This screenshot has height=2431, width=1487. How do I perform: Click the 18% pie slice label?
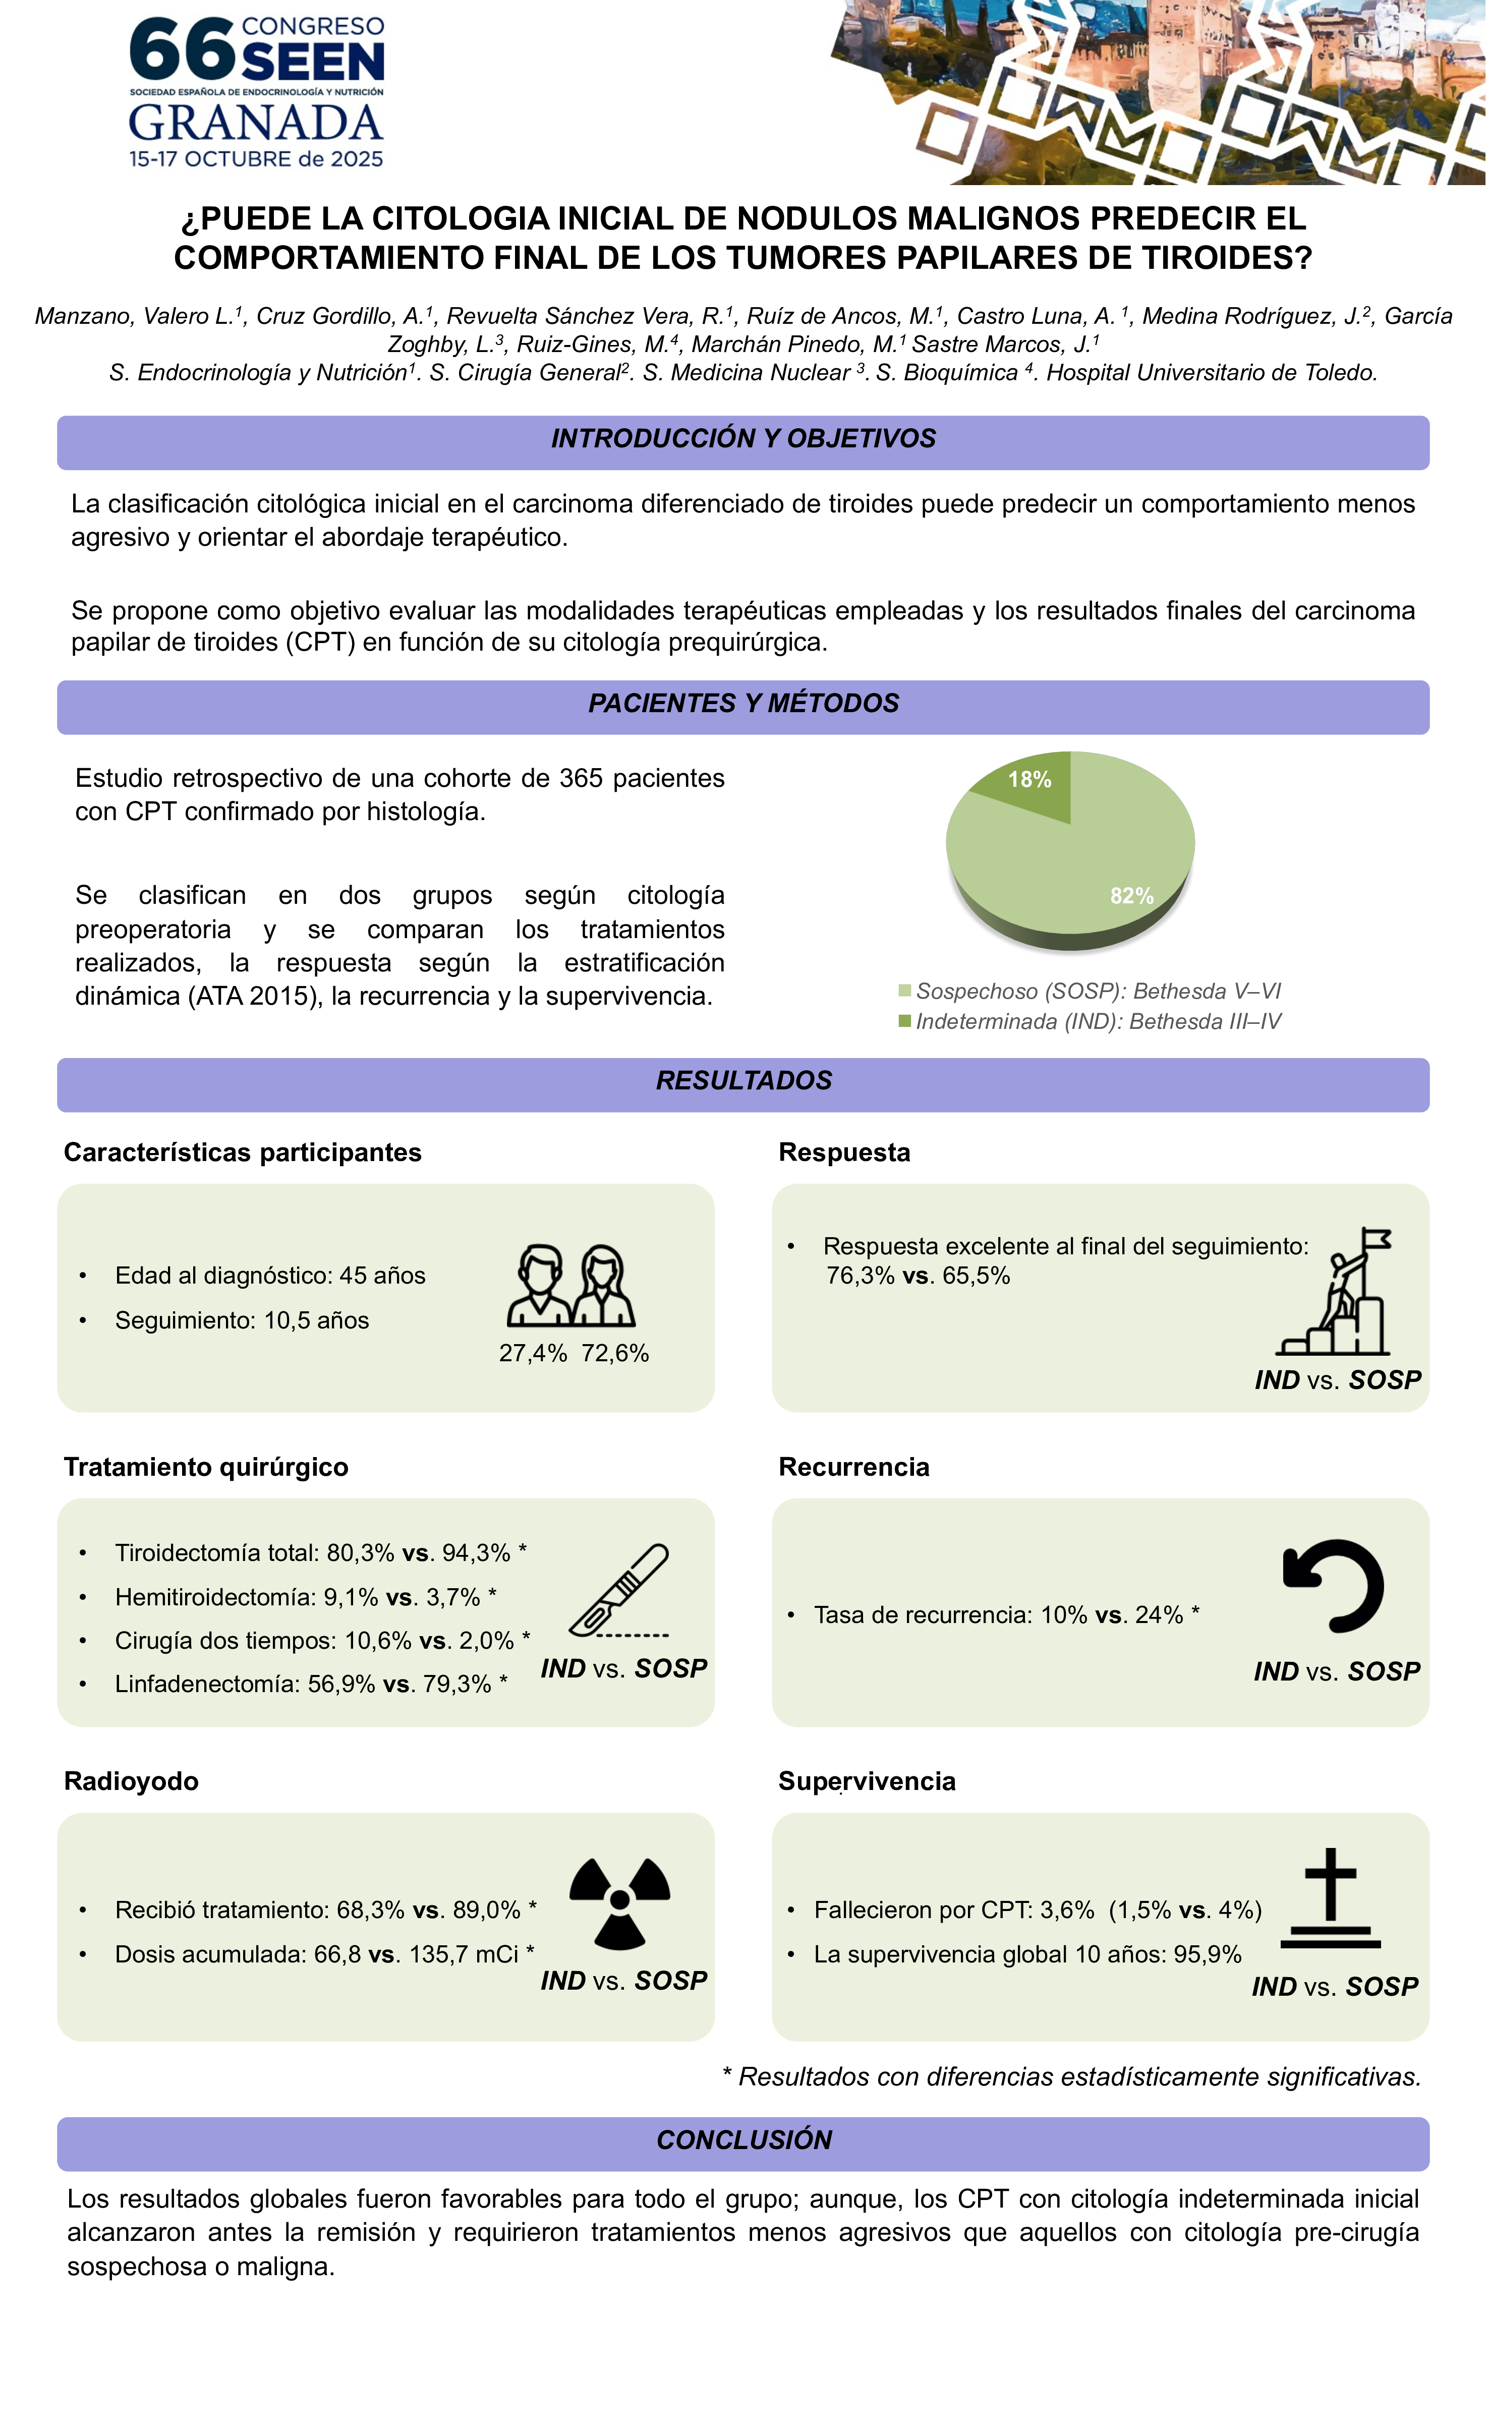click(x=1029, y=779)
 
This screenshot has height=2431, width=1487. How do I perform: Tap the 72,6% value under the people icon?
click(x=615, y=1354)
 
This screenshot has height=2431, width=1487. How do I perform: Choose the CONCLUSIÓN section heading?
click(x=744, y=2140)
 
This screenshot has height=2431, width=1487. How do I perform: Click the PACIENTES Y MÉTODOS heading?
click(x=744, y=704)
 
